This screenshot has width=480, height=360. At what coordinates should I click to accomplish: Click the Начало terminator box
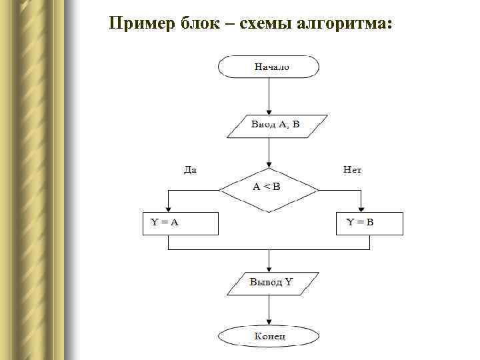[x=268, y=67]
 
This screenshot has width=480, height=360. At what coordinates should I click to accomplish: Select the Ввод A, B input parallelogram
[x=277, y=125]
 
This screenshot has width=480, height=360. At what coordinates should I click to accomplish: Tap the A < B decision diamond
[x=268, y=189]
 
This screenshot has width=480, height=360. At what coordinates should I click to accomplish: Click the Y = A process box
[x=181, y=223]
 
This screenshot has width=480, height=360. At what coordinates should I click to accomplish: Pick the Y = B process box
[x=369, y=223]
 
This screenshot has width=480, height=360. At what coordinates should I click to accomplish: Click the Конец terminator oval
[x=269, y=335]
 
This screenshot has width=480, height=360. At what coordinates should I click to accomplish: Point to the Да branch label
[x=190, y=171]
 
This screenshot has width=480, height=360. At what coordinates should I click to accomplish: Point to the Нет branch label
[x=352, y=171]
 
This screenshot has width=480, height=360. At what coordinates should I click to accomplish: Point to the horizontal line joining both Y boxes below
[x=268, y=250]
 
